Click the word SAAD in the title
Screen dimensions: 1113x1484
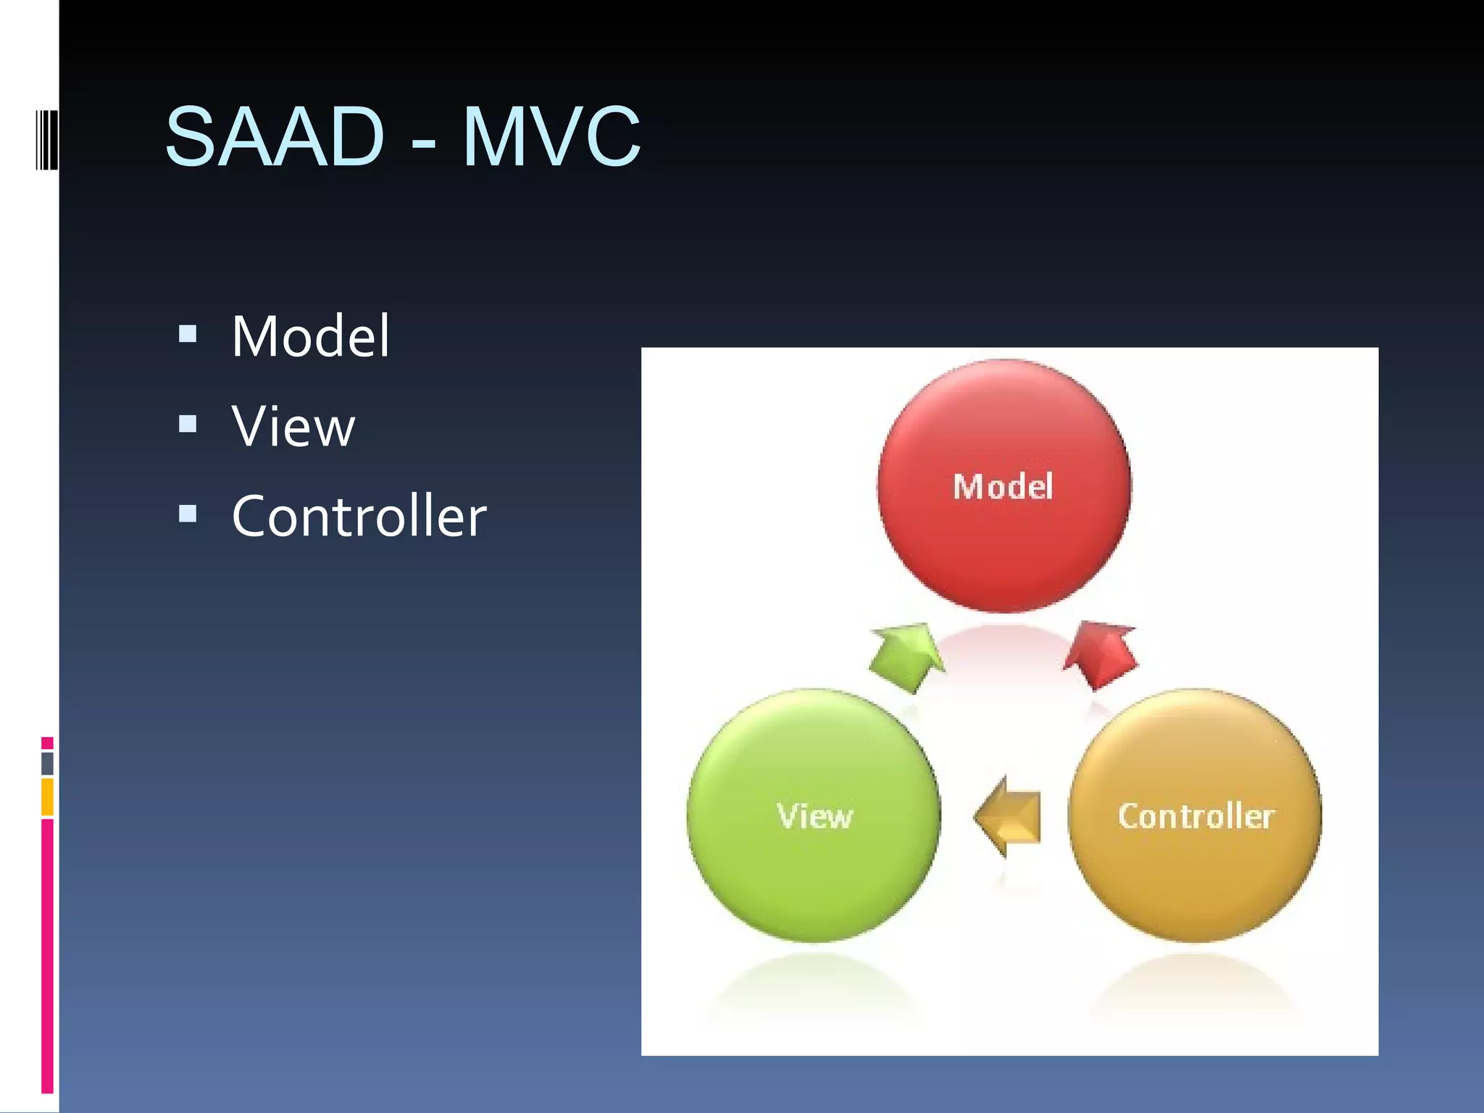(274, 136)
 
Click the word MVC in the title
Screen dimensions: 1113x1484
(551, 136)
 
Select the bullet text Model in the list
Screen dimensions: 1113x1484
(311, 336)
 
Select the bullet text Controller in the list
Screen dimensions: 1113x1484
(359, 516)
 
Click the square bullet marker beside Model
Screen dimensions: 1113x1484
(188, 333)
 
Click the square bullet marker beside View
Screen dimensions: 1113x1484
(188, 423)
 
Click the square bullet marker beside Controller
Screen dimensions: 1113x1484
(188, 513)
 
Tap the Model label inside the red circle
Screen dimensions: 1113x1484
(1003, 486)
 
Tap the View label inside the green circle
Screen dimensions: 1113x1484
(814, 816)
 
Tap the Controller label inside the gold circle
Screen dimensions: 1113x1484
(1196, 816)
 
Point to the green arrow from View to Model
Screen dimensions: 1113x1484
(906, 656)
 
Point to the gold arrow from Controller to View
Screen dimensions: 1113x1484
(1009, 817)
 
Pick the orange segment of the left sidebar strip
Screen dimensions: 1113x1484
(47, 797)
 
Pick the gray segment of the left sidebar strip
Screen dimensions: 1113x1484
(47, 763)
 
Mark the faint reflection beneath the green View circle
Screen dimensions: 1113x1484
(814, 989)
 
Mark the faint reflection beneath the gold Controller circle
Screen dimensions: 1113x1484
(1196, 989)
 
